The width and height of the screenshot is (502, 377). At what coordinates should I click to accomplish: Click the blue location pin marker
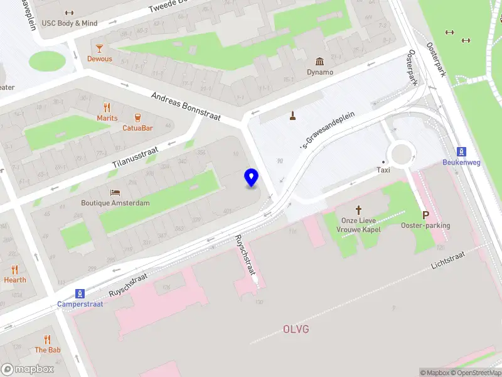point(252,178)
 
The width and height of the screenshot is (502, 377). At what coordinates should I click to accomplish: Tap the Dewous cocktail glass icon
point(99,48)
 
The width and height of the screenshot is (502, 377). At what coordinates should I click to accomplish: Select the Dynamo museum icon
point(320,61)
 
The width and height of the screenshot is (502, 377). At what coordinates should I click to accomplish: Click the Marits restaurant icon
point(107,107)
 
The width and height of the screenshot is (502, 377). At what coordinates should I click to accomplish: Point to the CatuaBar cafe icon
point(137,117)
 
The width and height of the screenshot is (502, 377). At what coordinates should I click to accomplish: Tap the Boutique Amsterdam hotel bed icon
point(115,192)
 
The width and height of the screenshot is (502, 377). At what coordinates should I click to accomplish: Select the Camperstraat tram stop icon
point(80,293)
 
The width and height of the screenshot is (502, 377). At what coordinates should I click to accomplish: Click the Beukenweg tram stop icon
point(462,151)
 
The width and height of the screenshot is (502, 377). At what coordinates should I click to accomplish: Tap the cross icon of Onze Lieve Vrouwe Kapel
point(359,210)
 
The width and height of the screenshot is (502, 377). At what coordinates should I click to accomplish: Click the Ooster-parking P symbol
point(425,215)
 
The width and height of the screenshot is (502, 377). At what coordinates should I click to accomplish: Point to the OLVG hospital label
point(296,329)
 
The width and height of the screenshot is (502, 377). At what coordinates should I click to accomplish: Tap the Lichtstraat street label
point(449,262)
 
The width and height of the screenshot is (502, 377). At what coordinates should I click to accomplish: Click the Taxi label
point(383,170)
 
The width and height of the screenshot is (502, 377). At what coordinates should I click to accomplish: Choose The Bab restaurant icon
point(47,339)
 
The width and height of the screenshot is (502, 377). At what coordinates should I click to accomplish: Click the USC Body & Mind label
point(69,23)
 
